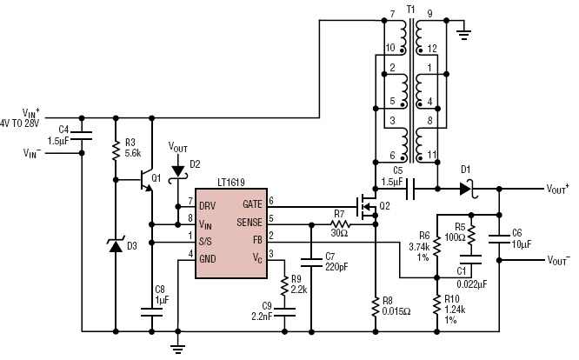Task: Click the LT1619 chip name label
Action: [x=230, y=183]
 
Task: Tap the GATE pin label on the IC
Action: [x=252, y=204]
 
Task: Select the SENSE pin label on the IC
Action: [x=250, y=223]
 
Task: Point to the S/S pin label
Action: [x=205, y=242]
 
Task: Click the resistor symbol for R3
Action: [x=116, y=150]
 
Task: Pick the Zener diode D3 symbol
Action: [x=116, y=245]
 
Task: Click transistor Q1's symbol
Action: [x=147, y=180]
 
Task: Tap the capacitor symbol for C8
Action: [x=152, y=313]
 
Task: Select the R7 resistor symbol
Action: [x=340, y=224]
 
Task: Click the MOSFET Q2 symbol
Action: [x=368, y=207]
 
